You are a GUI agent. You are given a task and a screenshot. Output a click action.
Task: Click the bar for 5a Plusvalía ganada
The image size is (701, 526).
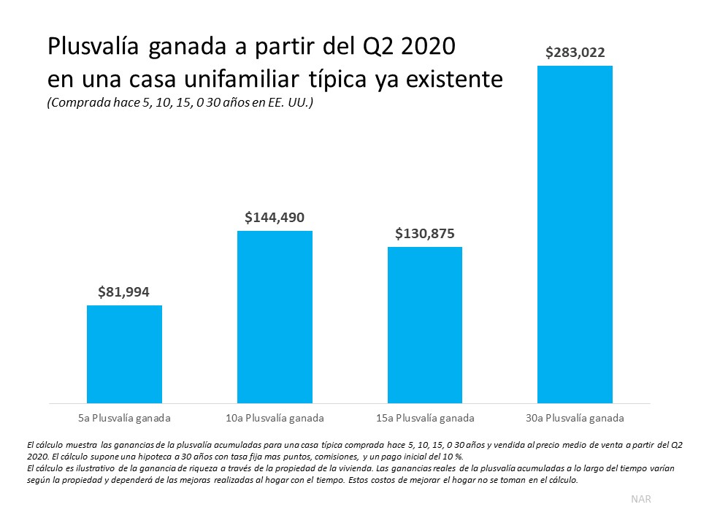coord(124,354)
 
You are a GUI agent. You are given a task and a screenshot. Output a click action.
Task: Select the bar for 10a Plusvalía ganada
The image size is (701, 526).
coord(275,317)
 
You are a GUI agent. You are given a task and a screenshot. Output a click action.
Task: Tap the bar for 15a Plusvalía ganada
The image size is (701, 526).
coord(424,325)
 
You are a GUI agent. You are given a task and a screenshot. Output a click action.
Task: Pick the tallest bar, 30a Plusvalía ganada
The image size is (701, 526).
coord(575,234)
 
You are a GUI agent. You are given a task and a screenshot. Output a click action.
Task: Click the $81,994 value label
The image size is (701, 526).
coord(124,292)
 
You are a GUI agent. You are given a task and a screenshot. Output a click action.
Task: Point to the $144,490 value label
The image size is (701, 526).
coord(275,217)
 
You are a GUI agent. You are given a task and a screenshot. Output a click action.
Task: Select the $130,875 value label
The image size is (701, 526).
coord(424,234)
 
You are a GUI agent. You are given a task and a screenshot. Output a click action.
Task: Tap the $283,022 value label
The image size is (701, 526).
coord(575,53)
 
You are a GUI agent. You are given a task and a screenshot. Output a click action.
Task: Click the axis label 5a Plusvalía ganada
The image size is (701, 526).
coord(124,419)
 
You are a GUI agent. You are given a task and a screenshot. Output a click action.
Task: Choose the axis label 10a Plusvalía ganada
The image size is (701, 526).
coord(275,419)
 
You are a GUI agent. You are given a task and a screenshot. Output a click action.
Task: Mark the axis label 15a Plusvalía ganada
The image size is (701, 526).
coord(424,419)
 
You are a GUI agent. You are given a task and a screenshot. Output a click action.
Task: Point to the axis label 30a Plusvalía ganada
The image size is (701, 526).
coord(575,419)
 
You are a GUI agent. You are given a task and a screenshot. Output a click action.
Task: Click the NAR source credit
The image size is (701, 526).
coord(640,499)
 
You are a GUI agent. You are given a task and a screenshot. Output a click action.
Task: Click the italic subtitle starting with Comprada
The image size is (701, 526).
coord(180,103)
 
